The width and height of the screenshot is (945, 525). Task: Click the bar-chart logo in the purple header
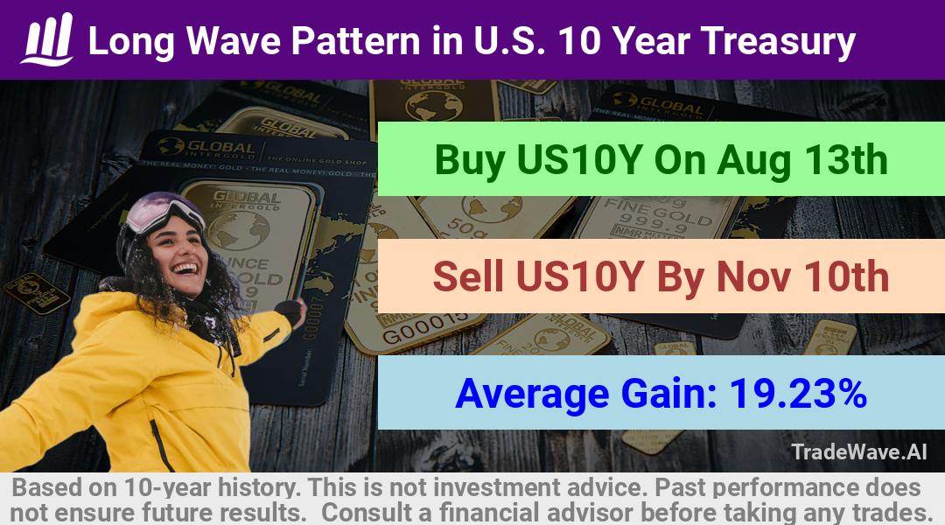tap(47, 39)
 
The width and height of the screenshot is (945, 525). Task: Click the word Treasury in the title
tap(778, 42)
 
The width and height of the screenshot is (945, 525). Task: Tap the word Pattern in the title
tap(355, 41)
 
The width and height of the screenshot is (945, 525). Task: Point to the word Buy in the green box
tap(470, 160)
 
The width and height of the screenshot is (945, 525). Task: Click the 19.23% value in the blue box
tap(798, 394)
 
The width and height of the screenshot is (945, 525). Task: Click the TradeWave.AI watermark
tap(859, 452)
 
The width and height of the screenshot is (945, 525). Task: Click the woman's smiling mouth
tap(187, 269)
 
